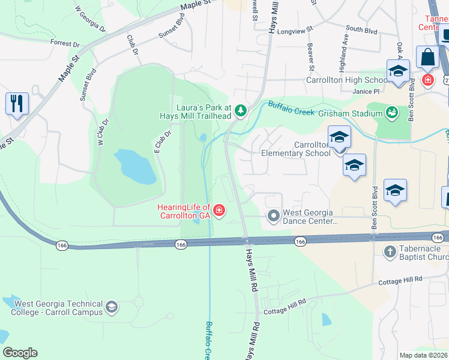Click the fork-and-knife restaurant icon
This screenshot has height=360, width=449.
point(17,103)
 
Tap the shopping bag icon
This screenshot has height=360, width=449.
point(428,58)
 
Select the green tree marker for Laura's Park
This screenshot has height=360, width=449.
point(240,110)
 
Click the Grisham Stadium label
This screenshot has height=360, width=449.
point(350,113)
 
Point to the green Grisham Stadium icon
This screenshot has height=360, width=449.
point(393,112)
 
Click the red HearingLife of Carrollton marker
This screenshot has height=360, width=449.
point(220,210)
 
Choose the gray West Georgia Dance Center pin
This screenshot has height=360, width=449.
point(274,215)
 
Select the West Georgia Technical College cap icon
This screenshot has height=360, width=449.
point(111,308)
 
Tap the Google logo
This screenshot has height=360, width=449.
point(20,352)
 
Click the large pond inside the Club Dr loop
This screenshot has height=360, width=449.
point(135,167)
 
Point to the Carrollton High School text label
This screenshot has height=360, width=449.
point(348,80)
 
